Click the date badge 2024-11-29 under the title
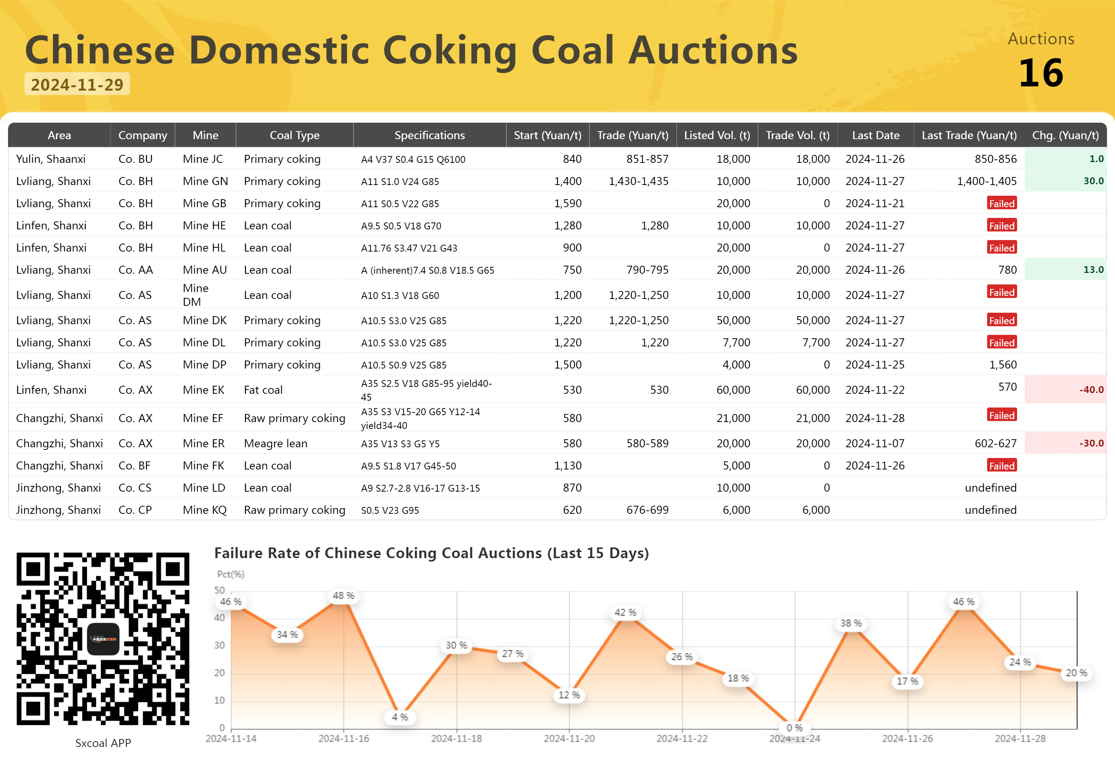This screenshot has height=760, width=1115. [77, 84]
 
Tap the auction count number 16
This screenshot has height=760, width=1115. [1041, 73]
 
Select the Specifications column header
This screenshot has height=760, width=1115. [429, 135]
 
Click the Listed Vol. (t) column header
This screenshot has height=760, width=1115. [717, 135]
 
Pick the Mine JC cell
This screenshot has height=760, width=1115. [203, 159]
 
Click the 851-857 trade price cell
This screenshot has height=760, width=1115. [647, 159]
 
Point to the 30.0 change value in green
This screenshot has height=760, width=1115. [1094, 181]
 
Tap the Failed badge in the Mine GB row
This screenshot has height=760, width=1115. [1002, 203]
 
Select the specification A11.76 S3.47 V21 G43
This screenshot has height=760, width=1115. [409, 248]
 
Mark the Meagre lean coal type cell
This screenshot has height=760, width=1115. [275, 443]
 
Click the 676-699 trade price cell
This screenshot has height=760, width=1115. [647, 510]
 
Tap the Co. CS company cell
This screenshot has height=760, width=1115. [135, 487]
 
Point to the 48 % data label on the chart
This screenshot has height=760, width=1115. [343, 596]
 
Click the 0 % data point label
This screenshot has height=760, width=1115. [795, 728]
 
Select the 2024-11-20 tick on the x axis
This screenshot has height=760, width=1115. [569, 739]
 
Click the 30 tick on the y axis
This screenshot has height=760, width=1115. [219, 645]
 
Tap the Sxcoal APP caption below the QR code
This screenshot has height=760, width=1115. [103, 743]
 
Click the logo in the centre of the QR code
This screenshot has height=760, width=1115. [103, 638]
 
